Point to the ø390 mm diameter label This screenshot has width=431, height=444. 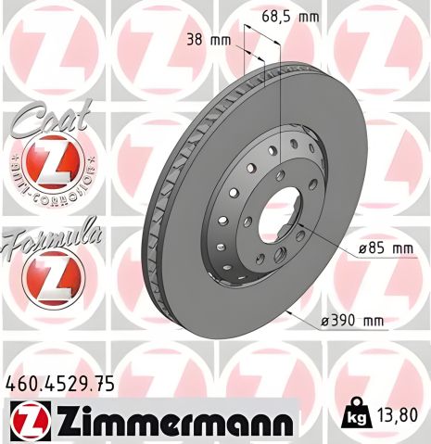(x=354, y=321)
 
